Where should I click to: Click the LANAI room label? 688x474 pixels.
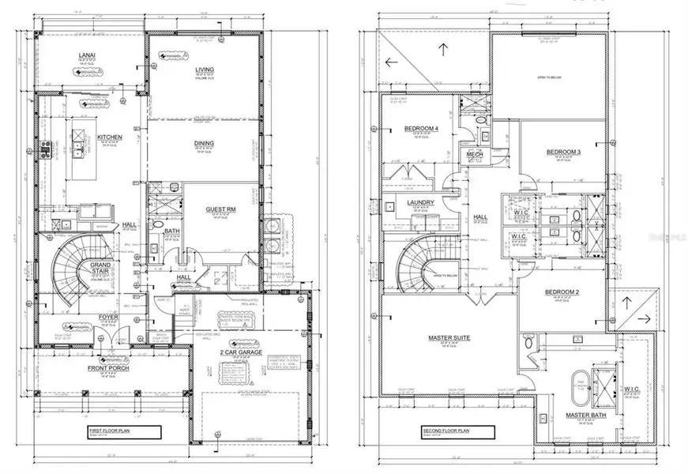pyautogui.click(x=88, y=55)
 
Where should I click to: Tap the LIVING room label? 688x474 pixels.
pyautogui.click(x=204, y=70)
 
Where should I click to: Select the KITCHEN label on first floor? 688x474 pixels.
pyautogui.click(x=110, y=137)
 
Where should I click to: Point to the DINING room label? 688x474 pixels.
pyautogui.click(x=204, y=144)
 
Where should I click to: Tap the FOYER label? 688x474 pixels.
pyautogui.click(x=108, y=318)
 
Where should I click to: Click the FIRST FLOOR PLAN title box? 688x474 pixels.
pyautogui.click(x=125, y=432)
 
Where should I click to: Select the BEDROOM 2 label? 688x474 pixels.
pyautogui.click(x=562, y=292)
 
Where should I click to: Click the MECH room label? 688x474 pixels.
pyautogui.click(x=476, y=155)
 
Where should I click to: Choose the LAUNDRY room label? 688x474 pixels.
pyautogui.click(x=421, y=203)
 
